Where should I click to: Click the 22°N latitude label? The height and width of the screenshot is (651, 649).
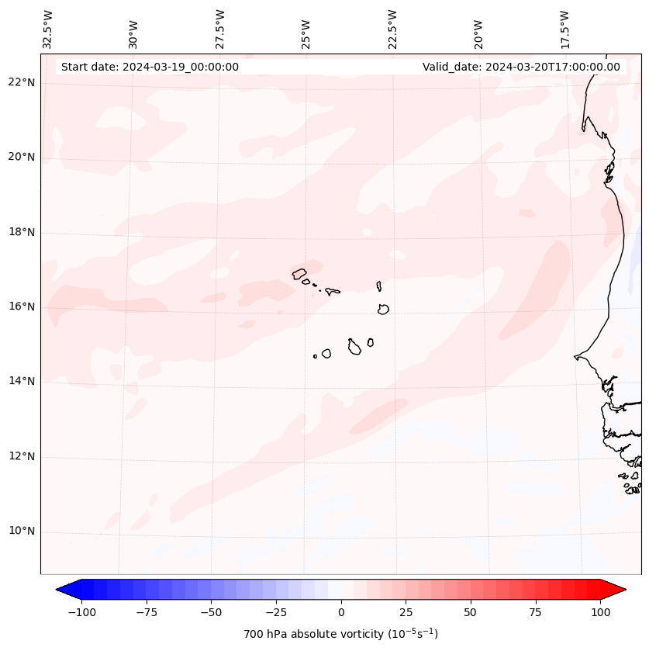coord(22,82)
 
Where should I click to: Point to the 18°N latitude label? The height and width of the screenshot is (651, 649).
coord(22,232)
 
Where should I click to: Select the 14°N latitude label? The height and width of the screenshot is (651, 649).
coord(22,381)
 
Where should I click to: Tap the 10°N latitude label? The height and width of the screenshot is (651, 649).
coord(22,531)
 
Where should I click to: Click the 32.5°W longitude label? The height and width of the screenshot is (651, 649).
coord(48,29)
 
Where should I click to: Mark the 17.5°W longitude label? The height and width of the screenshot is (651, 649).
coord(564,29)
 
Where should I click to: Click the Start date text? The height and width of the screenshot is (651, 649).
coord(150,67)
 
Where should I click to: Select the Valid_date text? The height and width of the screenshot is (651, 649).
coord(521,67)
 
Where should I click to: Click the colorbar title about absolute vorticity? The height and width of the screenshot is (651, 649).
coord(340,634)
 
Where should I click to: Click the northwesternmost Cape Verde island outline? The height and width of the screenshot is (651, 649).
coord(299,273)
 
